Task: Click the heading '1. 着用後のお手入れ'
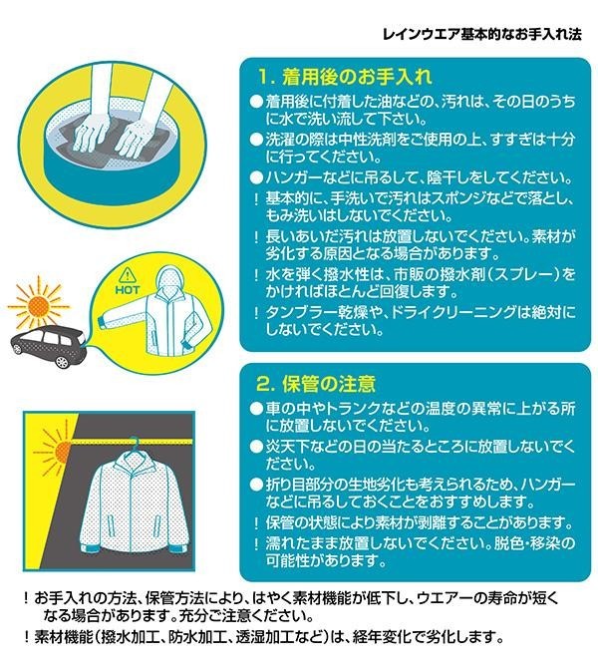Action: pyautogui.click(x=344, y=77)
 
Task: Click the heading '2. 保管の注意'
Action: pyautogui.click(x=315, y=384)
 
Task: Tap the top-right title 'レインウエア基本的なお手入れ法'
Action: pyautogui.click(x=481, y=35)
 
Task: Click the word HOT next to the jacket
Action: pyautogui.click(x=128, y=290)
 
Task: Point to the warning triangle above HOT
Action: pyautogui.click(x=127, y=274)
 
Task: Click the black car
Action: pyautogui.click(x=49, y=346)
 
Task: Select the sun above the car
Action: pyautogui.click(x=39, y=305)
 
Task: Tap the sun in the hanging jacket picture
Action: pyautogui.click(x=61, y=450)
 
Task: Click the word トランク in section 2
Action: pyautogui.click(x=352, y=408)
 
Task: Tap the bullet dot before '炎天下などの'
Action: pyautogui.click(x=256, y=447)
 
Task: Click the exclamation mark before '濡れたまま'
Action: pyautogui.click(x=256, y=543)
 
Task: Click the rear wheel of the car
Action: pyautogui.click(x=62, y=361)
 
